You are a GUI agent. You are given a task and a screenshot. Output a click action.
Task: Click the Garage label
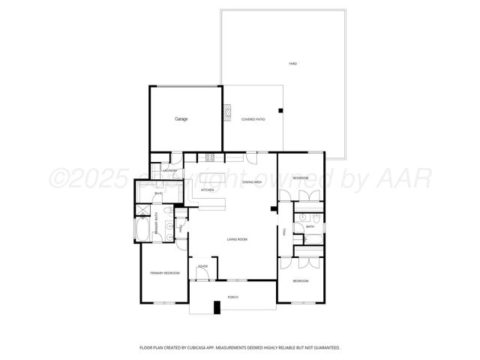pos(181,119)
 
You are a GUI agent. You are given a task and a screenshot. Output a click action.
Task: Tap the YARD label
pos(292,64)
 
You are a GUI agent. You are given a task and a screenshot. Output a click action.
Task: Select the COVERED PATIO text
pos(253,119)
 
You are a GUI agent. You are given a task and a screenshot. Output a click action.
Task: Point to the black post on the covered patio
pos(280,111)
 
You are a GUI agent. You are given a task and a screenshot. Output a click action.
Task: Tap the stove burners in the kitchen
pos(211,157)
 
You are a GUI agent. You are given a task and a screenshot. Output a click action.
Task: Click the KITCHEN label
pos(207,190)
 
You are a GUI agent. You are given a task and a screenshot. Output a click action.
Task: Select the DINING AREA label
pos(250,181)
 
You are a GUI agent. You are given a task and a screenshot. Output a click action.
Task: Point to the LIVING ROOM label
pos(237,239)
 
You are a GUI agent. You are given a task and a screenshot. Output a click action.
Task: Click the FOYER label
pos(202,266)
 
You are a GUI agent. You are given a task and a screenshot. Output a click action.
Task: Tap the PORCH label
pos(232,297)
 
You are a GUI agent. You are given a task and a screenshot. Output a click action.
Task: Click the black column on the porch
pos(217,307)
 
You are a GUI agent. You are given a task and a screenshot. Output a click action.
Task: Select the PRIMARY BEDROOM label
pos(164,273)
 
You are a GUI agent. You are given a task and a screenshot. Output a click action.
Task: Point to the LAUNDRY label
pos(169,171)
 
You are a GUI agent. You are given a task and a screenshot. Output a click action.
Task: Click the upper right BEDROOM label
pos(300,177)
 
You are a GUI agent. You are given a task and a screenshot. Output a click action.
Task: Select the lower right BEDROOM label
pos(300,280)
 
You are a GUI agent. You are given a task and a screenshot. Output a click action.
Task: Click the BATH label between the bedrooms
pos(310,226)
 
